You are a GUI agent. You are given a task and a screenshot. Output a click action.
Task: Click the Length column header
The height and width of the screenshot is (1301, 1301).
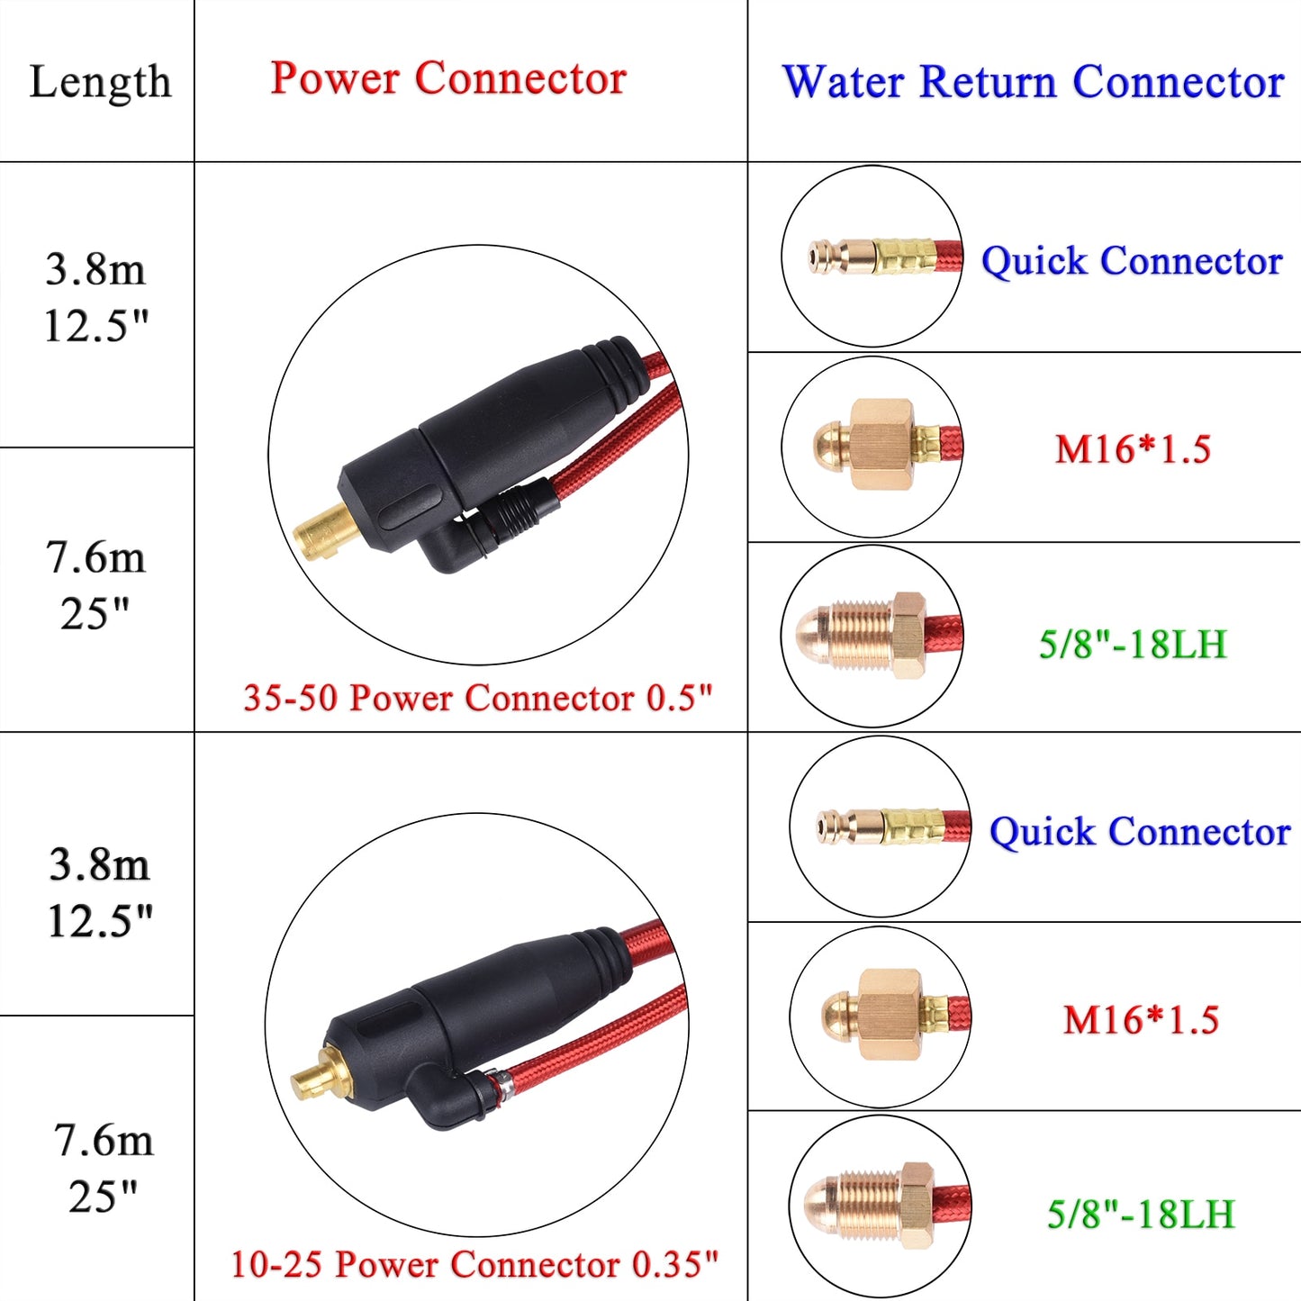point(99,82)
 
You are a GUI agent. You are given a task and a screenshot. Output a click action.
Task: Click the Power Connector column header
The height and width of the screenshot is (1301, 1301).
point(448,78)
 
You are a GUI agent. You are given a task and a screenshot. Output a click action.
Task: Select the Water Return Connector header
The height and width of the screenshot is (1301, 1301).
point(1033,82)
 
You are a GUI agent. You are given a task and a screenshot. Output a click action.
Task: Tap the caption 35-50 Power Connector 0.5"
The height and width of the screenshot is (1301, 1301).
point(477,698)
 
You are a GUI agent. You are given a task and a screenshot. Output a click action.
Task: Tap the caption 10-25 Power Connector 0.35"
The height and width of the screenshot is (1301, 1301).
point(474,1264)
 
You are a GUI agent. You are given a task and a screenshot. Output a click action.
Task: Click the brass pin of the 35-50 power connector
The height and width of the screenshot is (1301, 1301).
point(324,532)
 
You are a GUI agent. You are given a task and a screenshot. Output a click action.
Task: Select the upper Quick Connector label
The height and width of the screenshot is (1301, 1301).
point(1132,261)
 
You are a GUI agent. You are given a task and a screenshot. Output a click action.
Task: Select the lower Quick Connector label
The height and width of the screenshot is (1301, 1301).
point(1140,831)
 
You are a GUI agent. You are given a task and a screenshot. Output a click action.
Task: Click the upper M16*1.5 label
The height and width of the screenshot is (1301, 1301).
point(1133,449)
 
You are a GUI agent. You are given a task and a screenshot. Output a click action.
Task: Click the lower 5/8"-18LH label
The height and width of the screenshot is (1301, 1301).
point(1140,1215)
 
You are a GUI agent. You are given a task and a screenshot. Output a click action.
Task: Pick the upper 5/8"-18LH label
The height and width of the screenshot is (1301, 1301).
point(1133,645)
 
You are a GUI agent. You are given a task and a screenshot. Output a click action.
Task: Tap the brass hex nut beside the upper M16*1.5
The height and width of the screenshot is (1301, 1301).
point(881,445)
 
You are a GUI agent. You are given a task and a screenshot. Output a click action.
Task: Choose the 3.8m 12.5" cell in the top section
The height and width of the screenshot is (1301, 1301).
point(96,298)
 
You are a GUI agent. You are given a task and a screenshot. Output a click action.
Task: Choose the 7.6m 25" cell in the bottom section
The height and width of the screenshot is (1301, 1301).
point(103,1168)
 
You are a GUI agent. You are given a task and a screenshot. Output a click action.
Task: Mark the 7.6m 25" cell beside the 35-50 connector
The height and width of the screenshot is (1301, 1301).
point(95,586)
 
